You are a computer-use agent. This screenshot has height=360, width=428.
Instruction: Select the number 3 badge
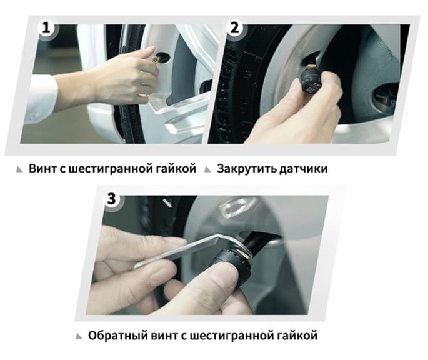[112, 199]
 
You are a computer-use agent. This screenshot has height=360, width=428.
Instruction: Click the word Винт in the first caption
[43, 168]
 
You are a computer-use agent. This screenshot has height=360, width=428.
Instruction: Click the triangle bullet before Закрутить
[208, 169]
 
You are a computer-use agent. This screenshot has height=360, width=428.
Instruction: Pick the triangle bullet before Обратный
[79, 336]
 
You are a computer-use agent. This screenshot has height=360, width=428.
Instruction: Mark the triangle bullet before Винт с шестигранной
[21, 169]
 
